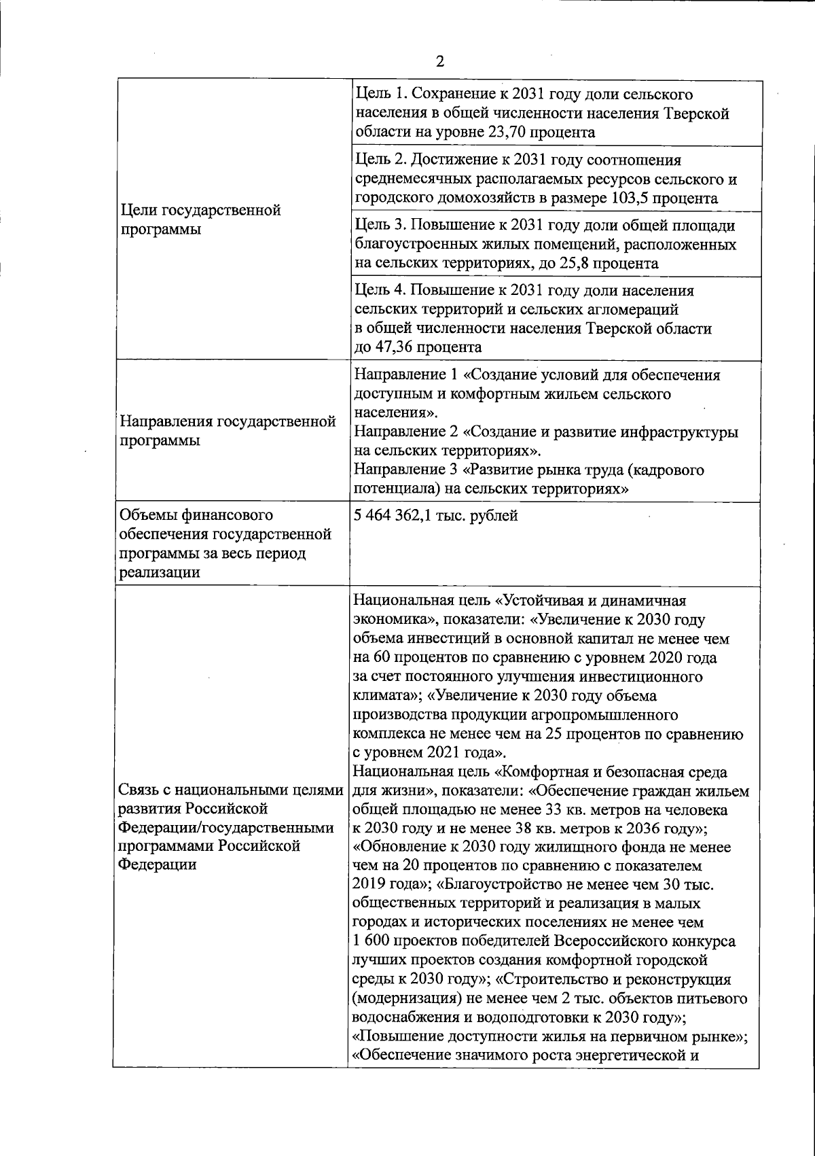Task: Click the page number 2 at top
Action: point(439,62)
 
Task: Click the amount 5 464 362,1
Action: point(401,516)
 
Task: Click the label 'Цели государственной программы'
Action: point(200,220)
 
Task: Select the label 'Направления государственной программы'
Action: point(228,431)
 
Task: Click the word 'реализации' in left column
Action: point(160,572)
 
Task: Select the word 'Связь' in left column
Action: point(142,791)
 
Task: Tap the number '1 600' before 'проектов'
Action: point(371,942)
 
